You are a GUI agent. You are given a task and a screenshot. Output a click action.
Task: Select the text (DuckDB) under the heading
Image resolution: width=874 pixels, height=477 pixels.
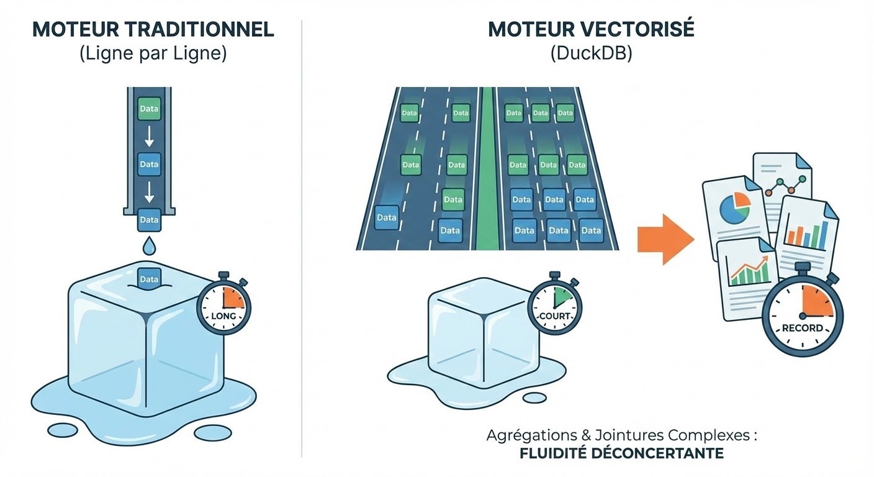click(x=591, y=54)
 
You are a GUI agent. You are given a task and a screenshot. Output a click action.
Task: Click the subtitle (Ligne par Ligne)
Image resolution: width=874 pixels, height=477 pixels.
click(x=153, y=54)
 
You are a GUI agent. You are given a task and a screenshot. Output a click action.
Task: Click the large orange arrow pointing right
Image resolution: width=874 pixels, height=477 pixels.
click(x=664, y=239)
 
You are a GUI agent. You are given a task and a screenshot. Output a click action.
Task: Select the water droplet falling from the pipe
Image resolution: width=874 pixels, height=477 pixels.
click(x=149, y=246)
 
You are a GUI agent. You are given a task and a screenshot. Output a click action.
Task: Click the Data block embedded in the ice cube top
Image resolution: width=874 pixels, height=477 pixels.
click(x=149, y=279)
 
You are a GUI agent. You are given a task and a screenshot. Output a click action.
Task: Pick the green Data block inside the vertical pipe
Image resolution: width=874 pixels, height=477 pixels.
click(x=149, y=109)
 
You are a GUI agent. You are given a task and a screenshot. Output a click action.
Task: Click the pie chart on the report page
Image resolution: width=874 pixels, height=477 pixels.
click(x=736, y=209)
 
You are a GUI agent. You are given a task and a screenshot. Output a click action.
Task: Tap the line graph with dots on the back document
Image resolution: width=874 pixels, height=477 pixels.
click(x=785, y=184)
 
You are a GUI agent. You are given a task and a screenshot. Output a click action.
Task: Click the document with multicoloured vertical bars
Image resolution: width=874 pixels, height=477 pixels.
click(x=806, y=234)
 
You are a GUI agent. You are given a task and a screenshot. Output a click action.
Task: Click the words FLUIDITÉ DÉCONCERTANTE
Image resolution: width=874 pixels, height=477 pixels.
click(x=621, y=453)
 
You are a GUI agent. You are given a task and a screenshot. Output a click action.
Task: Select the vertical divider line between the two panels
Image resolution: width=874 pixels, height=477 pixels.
click(x=302, y=248)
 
